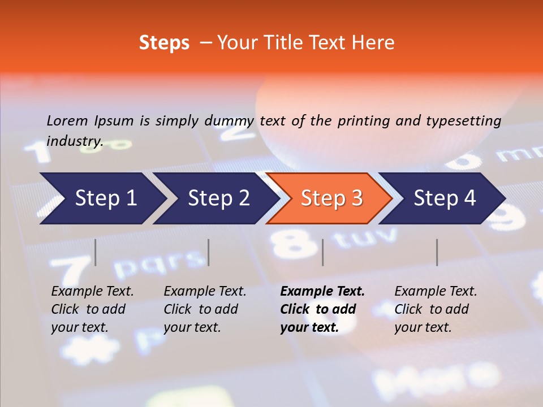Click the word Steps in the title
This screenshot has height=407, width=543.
tap(164, 43)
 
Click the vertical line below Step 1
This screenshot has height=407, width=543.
tap(96, 252)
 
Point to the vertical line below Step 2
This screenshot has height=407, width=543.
tap(209, 252)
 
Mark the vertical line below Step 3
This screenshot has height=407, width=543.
tap(323, 252)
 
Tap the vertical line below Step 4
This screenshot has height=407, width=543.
tap(437, 252)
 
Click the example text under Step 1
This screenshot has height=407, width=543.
tap(92, 309)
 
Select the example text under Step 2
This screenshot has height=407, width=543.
tap(205, 309)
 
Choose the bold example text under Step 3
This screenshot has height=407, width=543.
tap(322, 309)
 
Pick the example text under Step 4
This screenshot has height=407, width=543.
tap(436, 309)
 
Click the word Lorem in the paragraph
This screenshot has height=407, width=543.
tap(67, 120)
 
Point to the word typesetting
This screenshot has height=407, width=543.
tap(463, 121)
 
